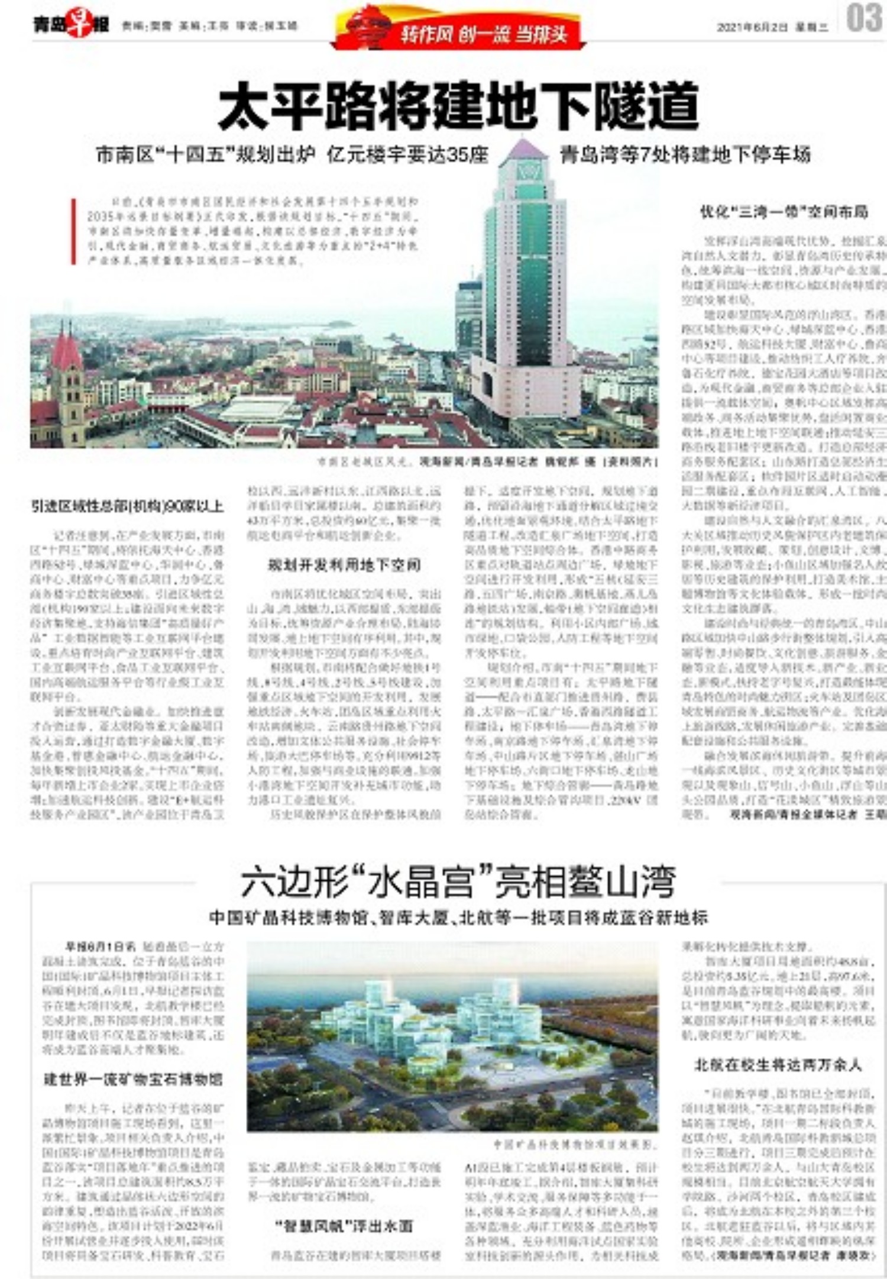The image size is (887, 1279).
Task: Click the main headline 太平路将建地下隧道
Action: coord(458,106)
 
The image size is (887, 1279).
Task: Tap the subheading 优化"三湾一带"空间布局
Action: coord(784,211)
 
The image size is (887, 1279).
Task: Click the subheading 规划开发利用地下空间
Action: coord(344,565)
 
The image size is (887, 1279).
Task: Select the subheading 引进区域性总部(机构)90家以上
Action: coord(128,506)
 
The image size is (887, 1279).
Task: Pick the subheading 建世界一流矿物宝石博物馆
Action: coord(133,1079)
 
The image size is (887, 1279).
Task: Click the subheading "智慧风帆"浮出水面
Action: coord(344,1226)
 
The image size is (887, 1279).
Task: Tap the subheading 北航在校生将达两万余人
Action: coord(778,1065)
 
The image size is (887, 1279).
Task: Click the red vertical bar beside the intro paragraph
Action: coord(73,231)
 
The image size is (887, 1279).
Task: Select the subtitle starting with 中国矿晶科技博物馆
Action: coord(458,918)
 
